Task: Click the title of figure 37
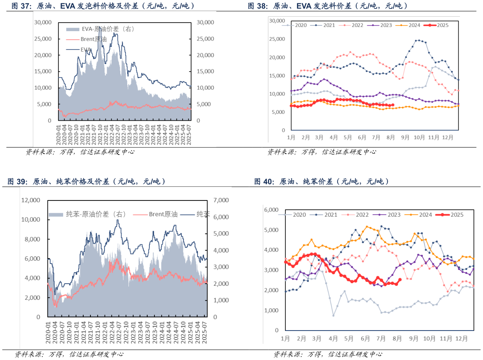[x=103, y=6]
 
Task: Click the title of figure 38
[x=328, y=6]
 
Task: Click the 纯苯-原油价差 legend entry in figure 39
[x=91, y=214]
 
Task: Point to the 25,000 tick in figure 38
[x=277, y=39]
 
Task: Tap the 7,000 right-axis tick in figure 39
[x=221, y=200]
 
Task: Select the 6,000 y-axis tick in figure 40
[x=271, y=209]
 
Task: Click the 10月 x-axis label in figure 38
[x=419, y=137]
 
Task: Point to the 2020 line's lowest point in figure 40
[x=333, y=316]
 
